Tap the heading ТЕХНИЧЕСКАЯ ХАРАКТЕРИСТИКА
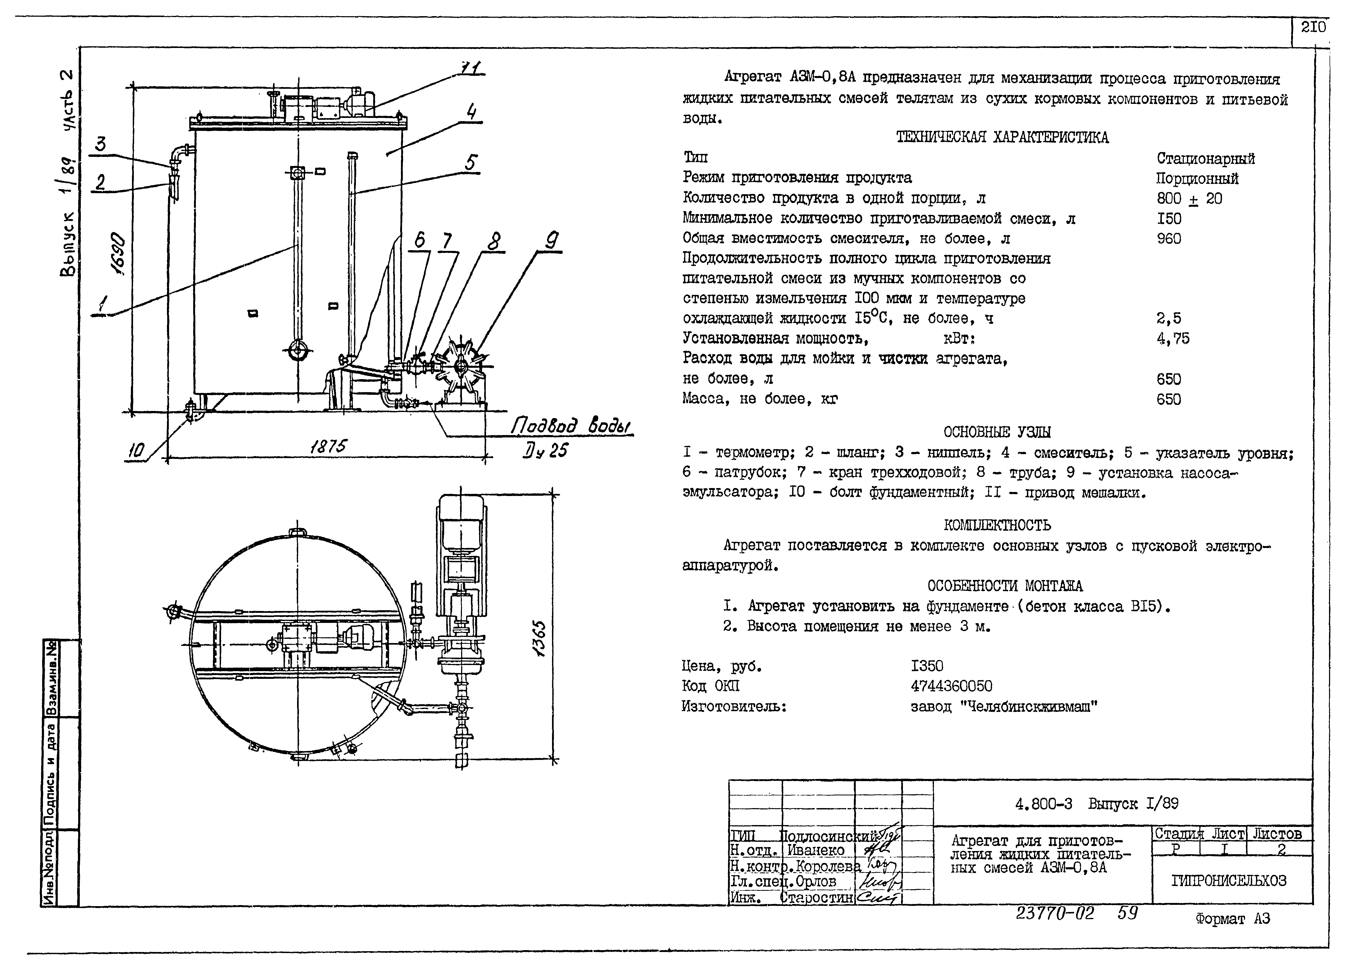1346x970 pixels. click(1002, 138)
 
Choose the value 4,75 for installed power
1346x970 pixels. click(1173, 338)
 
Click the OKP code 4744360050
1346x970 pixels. click(951, 686)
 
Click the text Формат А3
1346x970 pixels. click(1233, 919)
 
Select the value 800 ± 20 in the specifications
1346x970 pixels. click(1189, 199)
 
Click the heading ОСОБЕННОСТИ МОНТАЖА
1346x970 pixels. click(1005, 586)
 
